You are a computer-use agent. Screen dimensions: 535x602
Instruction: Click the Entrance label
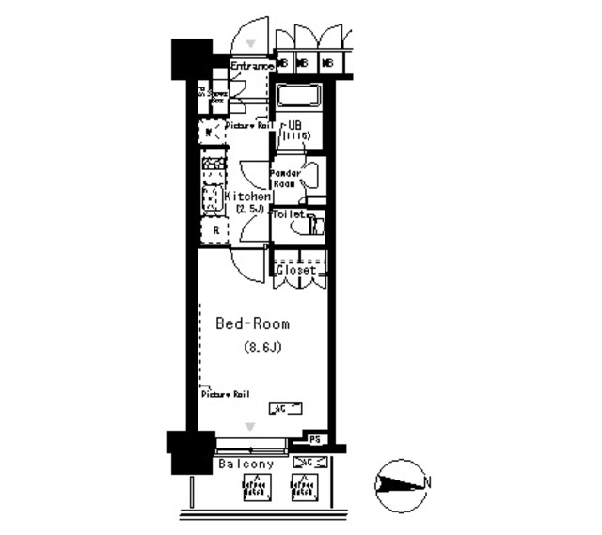click(x=251, y=66)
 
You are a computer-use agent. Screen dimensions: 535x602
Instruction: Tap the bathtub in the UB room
click(x=299, y=97)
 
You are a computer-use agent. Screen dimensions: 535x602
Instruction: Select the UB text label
click(x=294, y=124)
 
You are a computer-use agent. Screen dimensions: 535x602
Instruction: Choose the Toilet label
click(x=288, y=214)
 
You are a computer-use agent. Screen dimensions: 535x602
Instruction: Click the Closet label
click(x=296, y=270)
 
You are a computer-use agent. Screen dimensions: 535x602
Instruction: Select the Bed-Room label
click(x=253, y=323)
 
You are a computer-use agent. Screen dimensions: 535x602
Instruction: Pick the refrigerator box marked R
click(x=216, y=230)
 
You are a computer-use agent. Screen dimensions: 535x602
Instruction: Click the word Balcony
click(x=246, y=464)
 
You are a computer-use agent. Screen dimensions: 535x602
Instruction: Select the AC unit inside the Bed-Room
click(x=285, y=408)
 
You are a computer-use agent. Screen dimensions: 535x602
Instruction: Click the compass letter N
click(x=428, y=483)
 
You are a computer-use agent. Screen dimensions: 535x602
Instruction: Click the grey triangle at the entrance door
click(x=251, y=43)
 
